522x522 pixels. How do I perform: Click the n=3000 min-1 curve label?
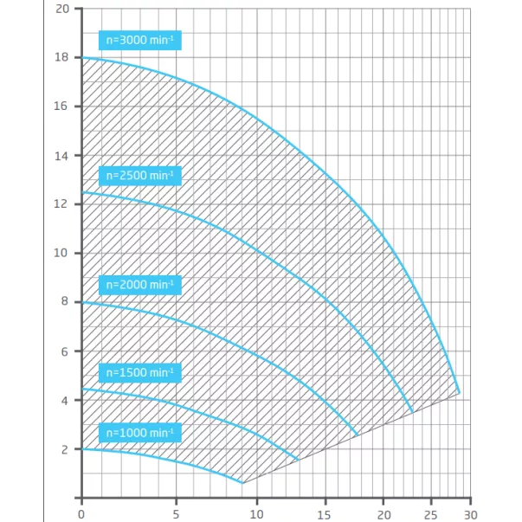(140, 40)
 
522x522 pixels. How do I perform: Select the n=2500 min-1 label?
(140, 176)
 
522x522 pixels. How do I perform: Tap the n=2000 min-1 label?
(140, 285)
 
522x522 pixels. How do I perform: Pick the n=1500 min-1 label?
(140, 373)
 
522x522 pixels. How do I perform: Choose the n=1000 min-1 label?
(140, 433)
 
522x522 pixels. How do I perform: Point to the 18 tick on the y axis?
(62, 58)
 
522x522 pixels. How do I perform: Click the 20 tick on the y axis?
(62, 9)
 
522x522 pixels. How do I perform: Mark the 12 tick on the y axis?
(62, 204)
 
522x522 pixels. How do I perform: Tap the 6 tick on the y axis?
(62, 351)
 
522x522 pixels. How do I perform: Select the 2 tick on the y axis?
(62, 449)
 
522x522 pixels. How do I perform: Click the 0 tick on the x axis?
(81, 511)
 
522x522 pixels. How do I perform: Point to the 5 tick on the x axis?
(177, 511)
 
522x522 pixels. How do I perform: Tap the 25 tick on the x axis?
(430, 511)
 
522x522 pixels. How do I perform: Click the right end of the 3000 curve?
(458, 393)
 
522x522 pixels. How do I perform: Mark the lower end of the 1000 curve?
(242, 483)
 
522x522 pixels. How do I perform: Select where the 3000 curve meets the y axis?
(81, 58)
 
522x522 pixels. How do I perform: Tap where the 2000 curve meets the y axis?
(81, 302)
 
